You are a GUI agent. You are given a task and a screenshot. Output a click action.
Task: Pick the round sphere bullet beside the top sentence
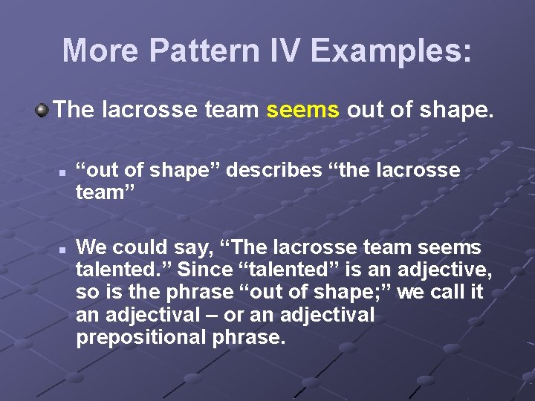[x=42, y=111]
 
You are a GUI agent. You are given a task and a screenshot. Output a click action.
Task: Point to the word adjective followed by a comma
[x=443, y=270]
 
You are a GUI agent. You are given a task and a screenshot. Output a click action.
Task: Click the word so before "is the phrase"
[x=86, y=293]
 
